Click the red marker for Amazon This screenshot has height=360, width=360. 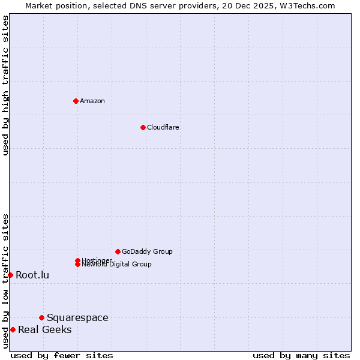76,101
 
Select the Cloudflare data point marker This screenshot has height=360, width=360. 143,127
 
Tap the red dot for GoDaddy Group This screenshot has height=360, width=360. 118,251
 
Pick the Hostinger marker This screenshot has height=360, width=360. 77,260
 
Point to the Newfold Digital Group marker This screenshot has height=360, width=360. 77,264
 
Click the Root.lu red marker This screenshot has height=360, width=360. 10,275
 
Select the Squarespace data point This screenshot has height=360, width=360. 41,317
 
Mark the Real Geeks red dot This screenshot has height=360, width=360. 13,329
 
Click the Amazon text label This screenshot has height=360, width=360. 92,101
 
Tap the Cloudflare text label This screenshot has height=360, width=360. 163,127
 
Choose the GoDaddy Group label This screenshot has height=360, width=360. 147,251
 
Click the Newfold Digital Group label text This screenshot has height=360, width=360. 117,265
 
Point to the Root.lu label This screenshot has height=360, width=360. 32,275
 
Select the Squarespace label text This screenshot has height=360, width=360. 77,317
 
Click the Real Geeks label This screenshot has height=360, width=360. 44,329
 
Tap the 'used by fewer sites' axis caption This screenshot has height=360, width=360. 62,355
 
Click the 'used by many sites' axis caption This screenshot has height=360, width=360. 301,355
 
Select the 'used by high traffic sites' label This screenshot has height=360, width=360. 5,85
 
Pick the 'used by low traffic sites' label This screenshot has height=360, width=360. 5,281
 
